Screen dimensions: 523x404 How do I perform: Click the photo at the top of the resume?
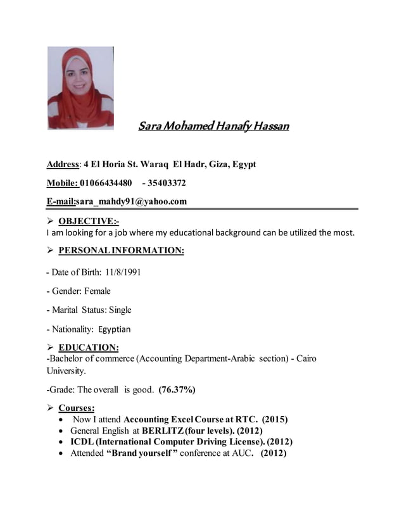coord(80,87)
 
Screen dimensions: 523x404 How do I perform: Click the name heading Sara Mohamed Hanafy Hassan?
coord(213,126)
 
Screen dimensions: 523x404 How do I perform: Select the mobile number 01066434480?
coord(106,184)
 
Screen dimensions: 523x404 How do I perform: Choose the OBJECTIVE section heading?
coord(89,222)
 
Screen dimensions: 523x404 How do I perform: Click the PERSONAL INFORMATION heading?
coord(121,251)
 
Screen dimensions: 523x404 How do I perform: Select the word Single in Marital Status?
coord(120,310)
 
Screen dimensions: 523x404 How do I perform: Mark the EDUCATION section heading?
coord(89,348)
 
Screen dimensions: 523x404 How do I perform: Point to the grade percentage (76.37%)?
coord(177,389)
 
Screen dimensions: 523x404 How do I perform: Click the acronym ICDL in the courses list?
coord(82,442)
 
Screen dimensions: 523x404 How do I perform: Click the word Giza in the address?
coord(208,165)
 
